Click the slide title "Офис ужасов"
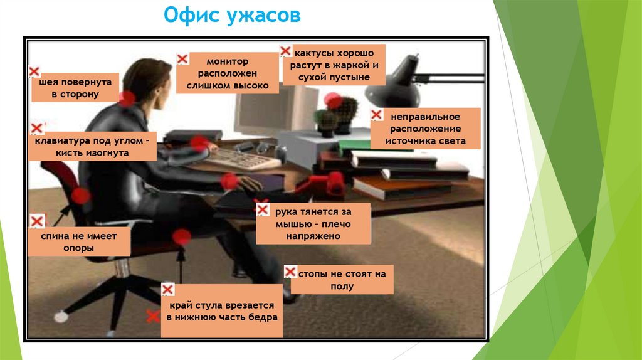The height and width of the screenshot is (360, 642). [x=231, y=16]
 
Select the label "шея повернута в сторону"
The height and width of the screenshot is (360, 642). [x=75, y=88]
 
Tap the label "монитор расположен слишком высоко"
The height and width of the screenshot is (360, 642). [x=227, y=73]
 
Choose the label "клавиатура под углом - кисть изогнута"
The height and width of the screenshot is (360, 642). [x=92, y=147]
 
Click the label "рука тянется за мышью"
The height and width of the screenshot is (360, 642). [x=313, y=222]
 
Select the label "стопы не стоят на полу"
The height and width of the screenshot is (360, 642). [x=342, y=280]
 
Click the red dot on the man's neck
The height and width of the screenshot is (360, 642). [x=127, y=98]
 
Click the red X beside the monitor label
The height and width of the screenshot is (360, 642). [x=182, y=59]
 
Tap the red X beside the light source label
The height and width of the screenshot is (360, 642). [x=376, y=115]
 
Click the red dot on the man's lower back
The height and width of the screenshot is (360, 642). [x=80, y=196]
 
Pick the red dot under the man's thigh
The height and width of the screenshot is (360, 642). [x=182, y=237]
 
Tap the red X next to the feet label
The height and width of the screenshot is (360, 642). [x=290, y=272]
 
